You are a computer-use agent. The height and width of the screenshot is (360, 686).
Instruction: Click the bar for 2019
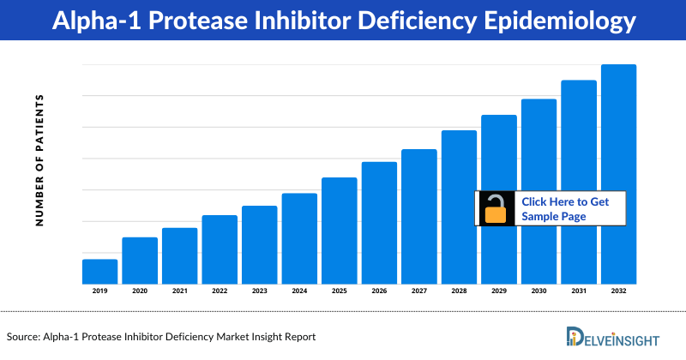tap(99, 271)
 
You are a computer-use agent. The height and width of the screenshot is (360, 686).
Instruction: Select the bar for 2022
tap(220, 249)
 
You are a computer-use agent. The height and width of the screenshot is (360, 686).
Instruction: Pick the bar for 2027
tap(418, 216)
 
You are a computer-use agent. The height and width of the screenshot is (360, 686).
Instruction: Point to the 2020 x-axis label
tap(140, 291)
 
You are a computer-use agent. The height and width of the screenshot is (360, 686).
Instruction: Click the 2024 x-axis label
tap(299, 291)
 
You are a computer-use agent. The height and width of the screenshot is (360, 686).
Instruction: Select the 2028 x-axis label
tap(459, 291)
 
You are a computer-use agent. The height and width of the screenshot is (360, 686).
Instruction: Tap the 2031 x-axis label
tap(579, 291)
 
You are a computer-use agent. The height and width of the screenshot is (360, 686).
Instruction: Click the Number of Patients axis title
tap(39, 160)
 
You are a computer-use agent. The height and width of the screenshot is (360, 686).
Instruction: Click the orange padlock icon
tap(496, 209)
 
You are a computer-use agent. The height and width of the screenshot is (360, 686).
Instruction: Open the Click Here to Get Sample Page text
tap(565, 209)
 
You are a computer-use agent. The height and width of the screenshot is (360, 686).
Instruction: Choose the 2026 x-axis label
tap(379, 291)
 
